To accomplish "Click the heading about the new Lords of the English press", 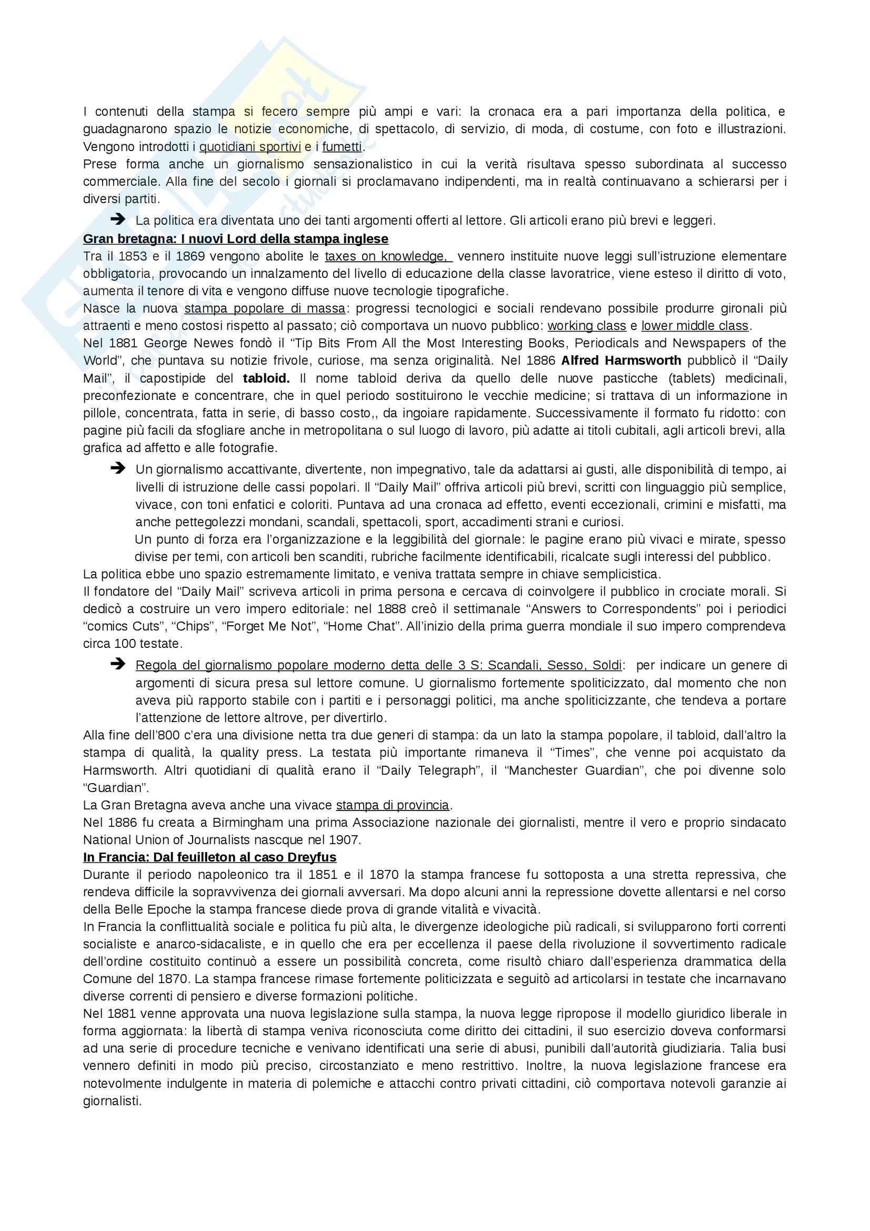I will (x=235, y=238).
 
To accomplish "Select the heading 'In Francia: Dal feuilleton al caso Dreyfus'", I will (x=209, y=857).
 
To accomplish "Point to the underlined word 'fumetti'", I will (x=342, y=146).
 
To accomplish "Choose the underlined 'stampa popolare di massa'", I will (x=265, y=308).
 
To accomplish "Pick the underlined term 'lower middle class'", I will (x=695, y=326).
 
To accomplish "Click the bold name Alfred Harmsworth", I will (x=621, y=361).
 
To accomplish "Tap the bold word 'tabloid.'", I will (x=266, y=378).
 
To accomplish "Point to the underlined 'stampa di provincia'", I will (x=393, y=805).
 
